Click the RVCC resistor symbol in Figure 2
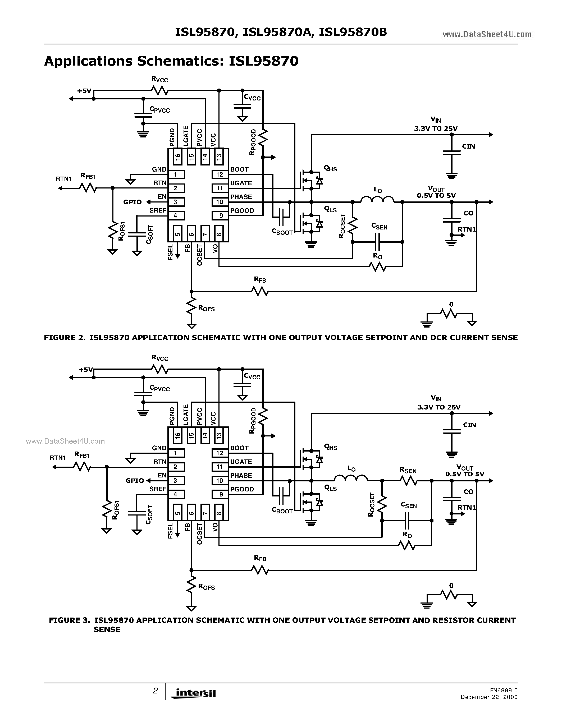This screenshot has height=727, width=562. pos(160,90)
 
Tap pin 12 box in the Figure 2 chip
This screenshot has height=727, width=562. pos(220,174)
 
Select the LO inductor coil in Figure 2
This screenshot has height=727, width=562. pos(377,199)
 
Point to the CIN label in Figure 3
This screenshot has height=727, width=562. pos(469,425)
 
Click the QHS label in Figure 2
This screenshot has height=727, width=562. pos(330,169)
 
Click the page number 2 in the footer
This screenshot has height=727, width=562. pos(155,691)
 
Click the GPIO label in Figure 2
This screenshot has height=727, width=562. pos(132,202)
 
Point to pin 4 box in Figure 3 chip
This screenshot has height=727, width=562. pos(175,494)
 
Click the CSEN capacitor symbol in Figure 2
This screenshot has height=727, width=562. pos(377,242)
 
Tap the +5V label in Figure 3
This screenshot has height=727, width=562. pos(86,370)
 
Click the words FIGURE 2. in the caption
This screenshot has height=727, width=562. pos(64,338)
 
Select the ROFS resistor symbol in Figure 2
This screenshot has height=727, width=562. pos(191,306)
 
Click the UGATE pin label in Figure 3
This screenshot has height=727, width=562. pos(241,462)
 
